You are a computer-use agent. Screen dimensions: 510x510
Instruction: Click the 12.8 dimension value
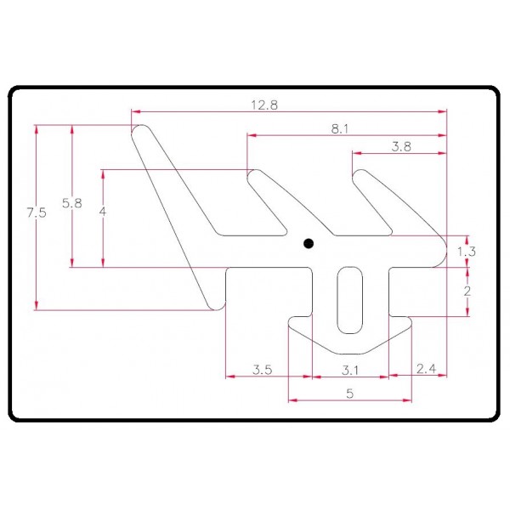[265, 105]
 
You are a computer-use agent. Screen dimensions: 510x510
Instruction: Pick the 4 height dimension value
[102, 213]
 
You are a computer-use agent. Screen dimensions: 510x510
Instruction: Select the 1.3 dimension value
[466, 251]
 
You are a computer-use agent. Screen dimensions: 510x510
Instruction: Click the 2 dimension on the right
[467, 291]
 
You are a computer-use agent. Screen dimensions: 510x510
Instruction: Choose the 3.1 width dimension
[349, 369]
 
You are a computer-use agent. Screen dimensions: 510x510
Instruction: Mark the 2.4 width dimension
[426, 369]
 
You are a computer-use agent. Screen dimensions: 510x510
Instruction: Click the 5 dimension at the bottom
[349, 393]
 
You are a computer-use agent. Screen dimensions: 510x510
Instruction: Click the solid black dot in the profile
[309, 243]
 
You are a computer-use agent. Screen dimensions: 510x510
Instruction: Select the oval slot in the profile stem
[348, 300]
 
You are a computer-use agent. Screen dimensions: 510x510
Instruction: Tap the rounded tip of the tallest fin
[140, 131]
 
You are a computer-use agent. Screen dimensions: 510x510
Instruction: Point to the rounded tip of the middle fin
[254, 174]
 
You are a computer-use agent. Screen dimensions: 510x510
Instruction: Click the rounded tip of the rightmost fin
[361, 174]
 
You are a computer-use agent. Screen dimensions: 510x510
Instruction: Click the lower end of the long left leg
[212, 303]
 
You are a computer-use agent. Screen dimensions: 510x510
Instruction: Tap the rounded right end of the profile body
[445, 252]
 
